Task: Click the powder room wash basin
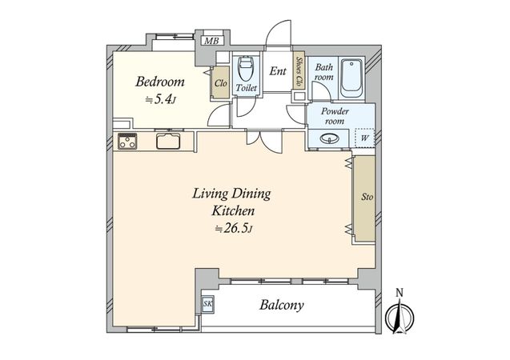[x=330, y=139]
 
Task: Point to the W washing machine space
[x=364, y=138]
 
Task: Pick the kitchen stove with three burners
[x=127, y=142]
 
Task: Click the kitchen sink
[x=168, y=141]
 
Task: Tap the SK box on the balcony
[x=207, y=305]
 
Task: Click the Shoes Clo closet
[x=299, y=70]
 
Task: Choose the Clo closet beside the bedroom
[x=220, y=82]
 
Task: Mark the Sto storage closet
[x=364, y=198]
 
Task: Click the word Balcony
[x=282, y=305]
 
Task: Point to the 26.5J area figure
[x=235, y=229]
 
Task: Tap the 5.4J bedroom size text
[x=161, y=99]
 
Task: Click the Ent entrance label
[x=278, y=71]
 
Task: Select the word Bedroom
[x=160, y=82]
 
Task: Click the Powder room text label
[x=335, y=116]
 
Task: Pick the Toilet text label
[x=247, y=88]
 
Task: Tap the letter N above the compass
[x=400, y=293]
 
